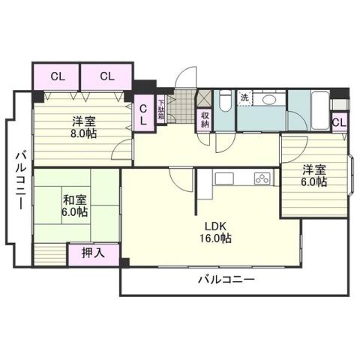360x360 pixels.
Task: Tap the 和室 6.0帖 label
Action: pos(75,205)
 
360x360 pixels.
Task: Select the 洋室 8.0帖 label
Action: pos(84,127)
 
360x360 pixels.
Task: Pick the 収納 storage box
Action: pos(204,119)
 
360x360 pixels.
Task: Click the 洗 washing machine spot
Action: pos(244,97)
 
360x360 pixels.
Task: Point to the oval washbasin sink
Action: pos(271,100)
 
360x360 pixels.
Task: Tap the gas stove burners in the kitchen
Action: pos(262,178)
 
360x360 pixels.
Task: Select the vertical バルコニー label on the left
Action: pos(20,179)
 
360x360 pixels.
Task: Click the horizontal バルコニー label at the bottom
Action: pos(226,280)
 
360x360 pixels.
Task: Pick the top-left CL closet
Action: pos(57,76)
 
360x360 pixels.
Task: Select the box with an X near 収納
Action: pos(204,97)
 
